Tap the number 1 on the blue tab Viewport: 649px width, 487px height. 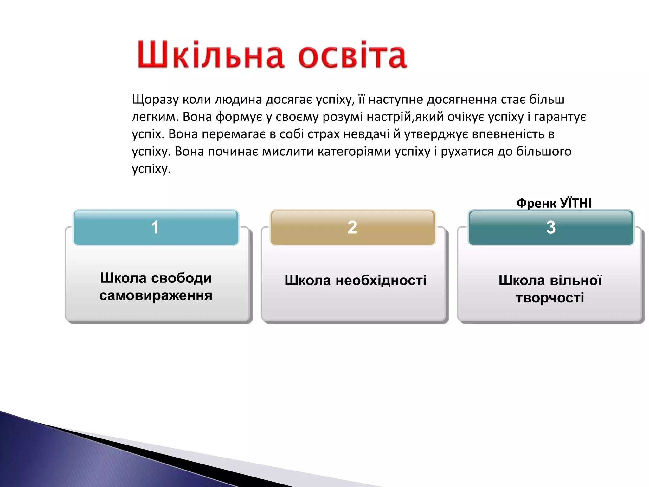pos(155,227)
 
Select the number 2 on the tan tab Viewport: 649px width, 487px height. pos(352,227)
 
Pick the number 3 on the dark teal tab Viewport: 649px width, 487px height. pos(551,227)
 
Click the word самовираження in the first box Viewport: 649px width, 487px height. pos(156,295)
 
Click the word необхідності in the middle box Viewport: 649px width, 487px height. pos(381,281)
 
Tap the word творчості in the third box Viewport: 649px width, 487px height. pos(550,298)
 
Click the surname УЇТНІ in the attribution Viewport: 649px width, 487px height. pos(575,203)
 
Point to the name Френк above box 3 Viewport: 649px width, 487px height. pos(536,203)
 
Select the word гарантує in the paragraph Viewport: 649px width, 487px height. pos(560,117)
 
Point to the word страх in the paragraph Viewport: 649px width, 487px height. pos(324,134)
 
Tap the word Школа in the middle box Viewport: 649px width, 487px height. pos(307,281)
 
